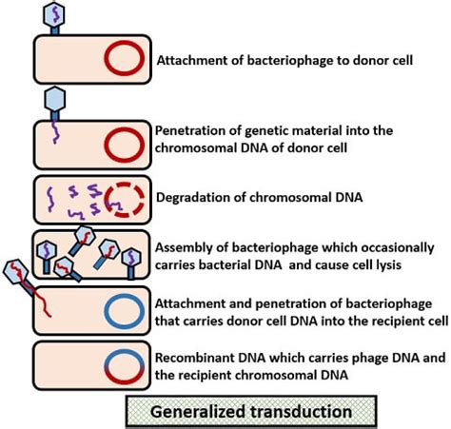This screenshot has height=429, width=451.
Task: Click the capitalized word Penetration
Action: tap(189, 129)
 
